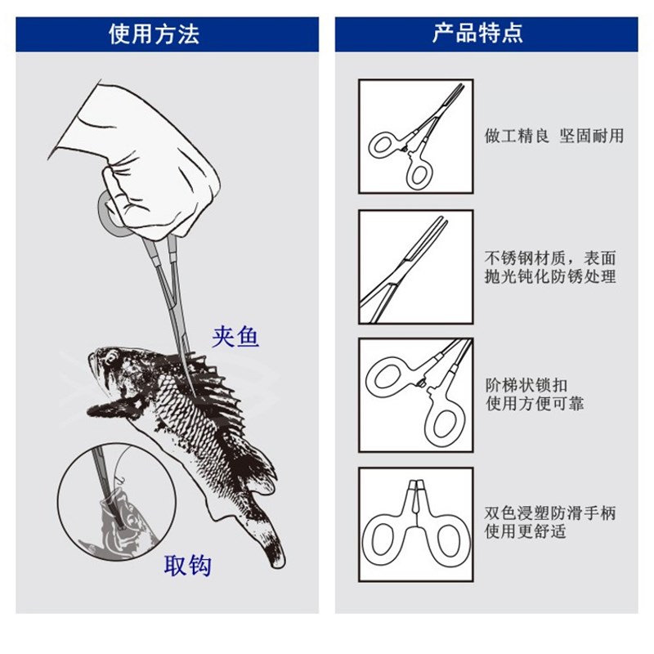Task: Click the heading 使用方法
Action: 155,34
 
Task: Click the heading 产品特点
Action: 478,34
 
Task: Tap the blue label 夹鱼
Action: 235,336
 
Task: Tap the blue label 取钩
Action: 189,566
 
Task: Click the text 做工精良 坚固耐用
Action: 553,136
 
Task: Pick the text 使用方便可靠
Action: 535,405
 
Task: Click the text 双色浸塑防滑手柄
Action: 550,513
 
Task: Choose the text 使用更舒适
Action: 526,533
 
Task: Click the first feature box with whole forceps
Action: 416,136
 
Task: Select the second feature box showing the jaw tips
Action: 416,267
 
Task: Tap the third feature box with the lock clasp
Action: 416,395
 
